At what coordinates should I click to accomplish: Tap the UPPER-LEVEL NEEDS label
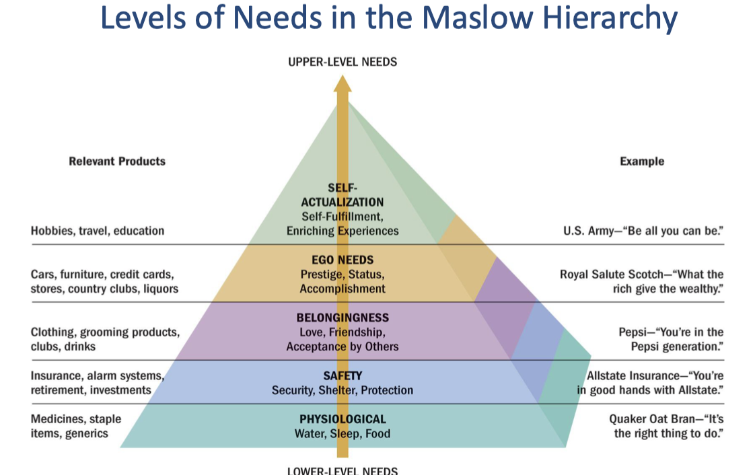(x=343, y=62)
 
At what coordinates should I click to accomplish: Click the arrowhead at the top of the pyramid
(x=343, y=84)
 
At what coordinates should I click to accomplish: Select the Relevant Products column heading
(x=117, y=161)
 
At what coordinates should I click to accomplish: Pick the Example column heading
(x=641, y=161)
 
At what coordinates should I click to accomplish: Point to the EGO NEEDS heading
(x=343, y=260)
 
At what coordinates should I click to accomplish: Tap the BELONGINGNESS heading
(x=343, y=318)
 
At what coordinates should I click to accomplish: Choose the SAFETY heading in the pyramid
(x=343, y=375)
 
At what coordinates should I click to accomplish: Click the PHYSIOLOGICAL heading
(x=343, y=419)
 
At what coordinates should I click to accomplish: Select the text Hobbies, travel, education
(x=98, y=231)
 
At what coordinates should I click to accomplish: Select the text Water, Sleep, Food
(x=343, y=434)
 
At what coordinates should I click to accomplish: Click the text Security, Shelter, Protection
(x=343, y=390)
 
